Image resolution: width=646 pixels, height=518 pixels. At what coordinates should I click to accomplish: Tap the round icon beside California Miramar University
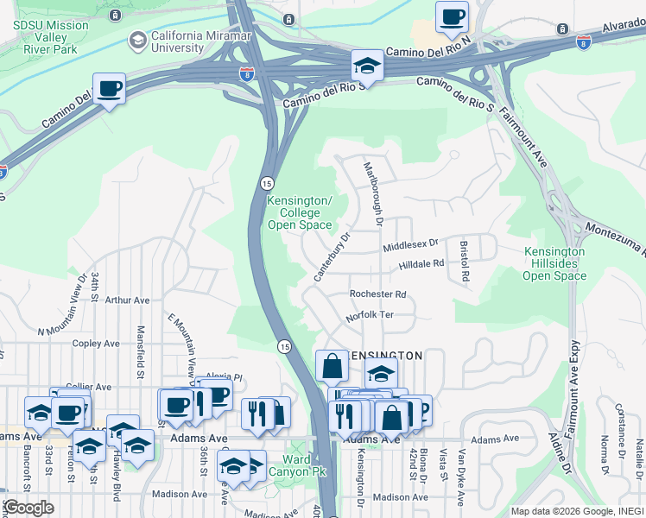coord(137,40)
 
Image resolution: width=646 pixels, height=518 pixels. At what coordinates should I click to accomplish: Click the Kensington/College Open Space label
coord(299,212)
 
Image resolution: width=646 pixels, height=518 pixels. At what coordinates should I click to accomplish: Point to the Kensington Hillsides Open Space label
coord(554,264)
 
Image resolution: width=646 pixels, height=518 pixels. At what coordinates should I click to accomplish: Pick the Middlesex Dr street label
coord(411,246)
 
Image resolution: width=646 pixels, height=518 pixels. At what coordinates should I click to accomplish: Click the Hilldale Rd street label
coord(421,263)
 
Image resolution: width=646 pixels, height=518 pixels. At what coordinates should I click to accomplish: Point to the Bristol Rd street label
coord(465,262)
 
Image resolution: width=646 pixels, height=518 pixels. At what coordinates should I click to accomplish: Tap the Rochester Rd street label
coord(377,294)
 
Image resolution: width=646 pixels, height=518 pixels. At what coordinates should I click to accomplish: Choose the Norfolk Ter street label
coord(370,315)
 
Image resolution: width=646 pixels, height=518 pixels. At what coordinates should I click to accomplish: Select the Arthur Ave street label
coord(127,300)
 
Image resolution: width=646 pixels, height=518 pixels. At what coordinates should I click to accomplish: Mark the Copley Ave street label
coord(96,343)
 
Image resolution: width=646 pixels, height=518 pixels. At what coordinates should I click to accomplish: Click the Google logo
coord(28,508)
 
